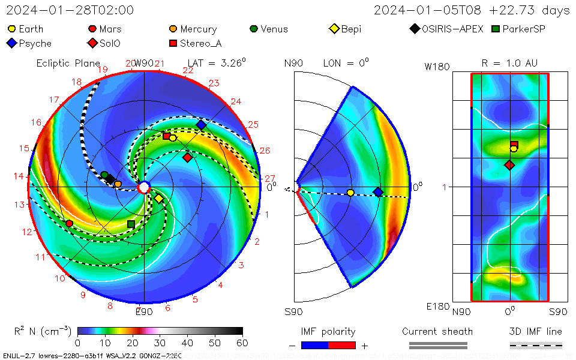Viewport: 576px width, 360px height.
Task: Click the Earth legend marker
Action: pyautogui.click(x=11, y=29)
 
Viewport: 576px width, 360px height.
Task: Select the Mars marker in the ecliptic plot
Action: pyautogui.click(x=69, y=223)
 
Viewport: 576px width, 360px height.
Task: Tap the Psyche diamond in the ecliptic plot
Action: pyautogui.click(x=201, y=125)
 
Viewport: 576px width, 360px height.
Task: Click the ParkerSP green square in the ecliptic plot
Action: pyautogui.click(x=131, y=224)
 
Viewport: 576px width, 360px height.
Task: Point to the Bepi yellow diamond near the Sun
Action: pyautogui.click(x=159, y=199)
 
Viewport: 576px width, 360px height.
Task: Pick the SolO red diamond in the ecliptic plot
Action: pyautogui.click(x=188, y=157)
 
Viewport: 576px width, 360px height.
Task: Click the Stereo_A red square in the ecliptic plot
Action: pyautogui.click(x=166, y=136)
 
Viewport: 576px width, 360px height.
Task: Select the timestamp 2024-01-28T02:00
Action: pyautogui.click(x=70, y=10)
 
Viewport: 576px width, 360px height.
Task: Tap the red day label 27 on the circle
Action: pyautogui.click(x=269, y=178)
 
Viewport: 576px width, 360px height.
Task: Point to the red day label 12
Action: pyautogui.click(x=26, y=232)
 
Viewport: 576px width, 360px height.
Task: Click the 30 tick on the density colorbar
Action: pyautogui.click(x=160, y=343)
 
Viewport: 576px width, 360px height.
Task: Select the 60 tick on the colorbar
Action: pyautogui.click(x=242, y=343)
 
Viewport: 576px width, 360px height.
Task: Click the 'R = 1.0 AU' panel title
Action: pyautogui.click(x=509, y=63)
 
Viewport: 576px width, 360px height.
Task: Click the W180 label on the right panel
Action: pyautogui.click(x=437, y=67)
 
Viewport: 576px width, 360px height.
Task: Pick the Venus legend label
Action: pyautogui.click(x=274, y=29)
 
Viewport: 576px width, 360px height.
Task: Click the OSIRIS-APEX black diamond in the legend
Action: pyautogui.click(x=415, y=29)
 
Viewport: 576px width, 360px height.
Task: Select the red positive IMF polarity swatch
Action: pyautogui.click(x=342, y=345)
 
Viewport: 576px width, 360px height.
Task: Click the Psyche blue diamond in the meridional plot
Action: pyautogui.click(x=378, y=192)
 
